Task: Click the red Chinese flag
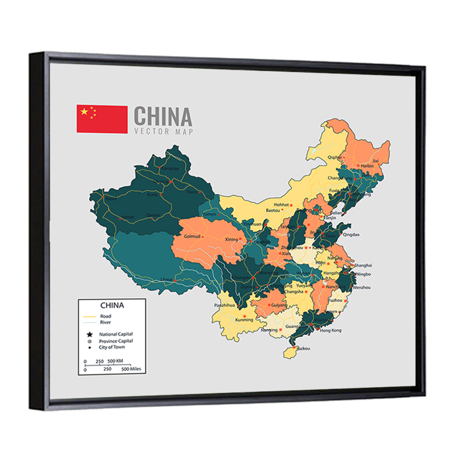(102, 119)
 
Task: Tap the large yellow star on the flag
(84, 112)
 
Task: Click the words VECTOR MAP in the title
(163, 132)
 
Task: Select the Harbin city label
(368, 165)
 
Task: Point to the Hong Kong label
(331, 330)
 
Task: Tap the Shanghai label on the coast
(363, 265)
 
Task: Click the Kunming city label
(244, 320)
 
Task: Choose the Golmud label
(192, 236)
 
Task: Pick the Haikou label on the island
(304, 348)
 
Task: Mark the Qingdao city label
(351, 234)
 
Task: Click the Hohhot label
(281, 205)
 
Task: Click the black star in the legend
(89, 335)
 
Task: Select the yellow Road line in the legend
(89, 316)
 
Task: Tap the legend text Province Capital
(116, 341)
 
